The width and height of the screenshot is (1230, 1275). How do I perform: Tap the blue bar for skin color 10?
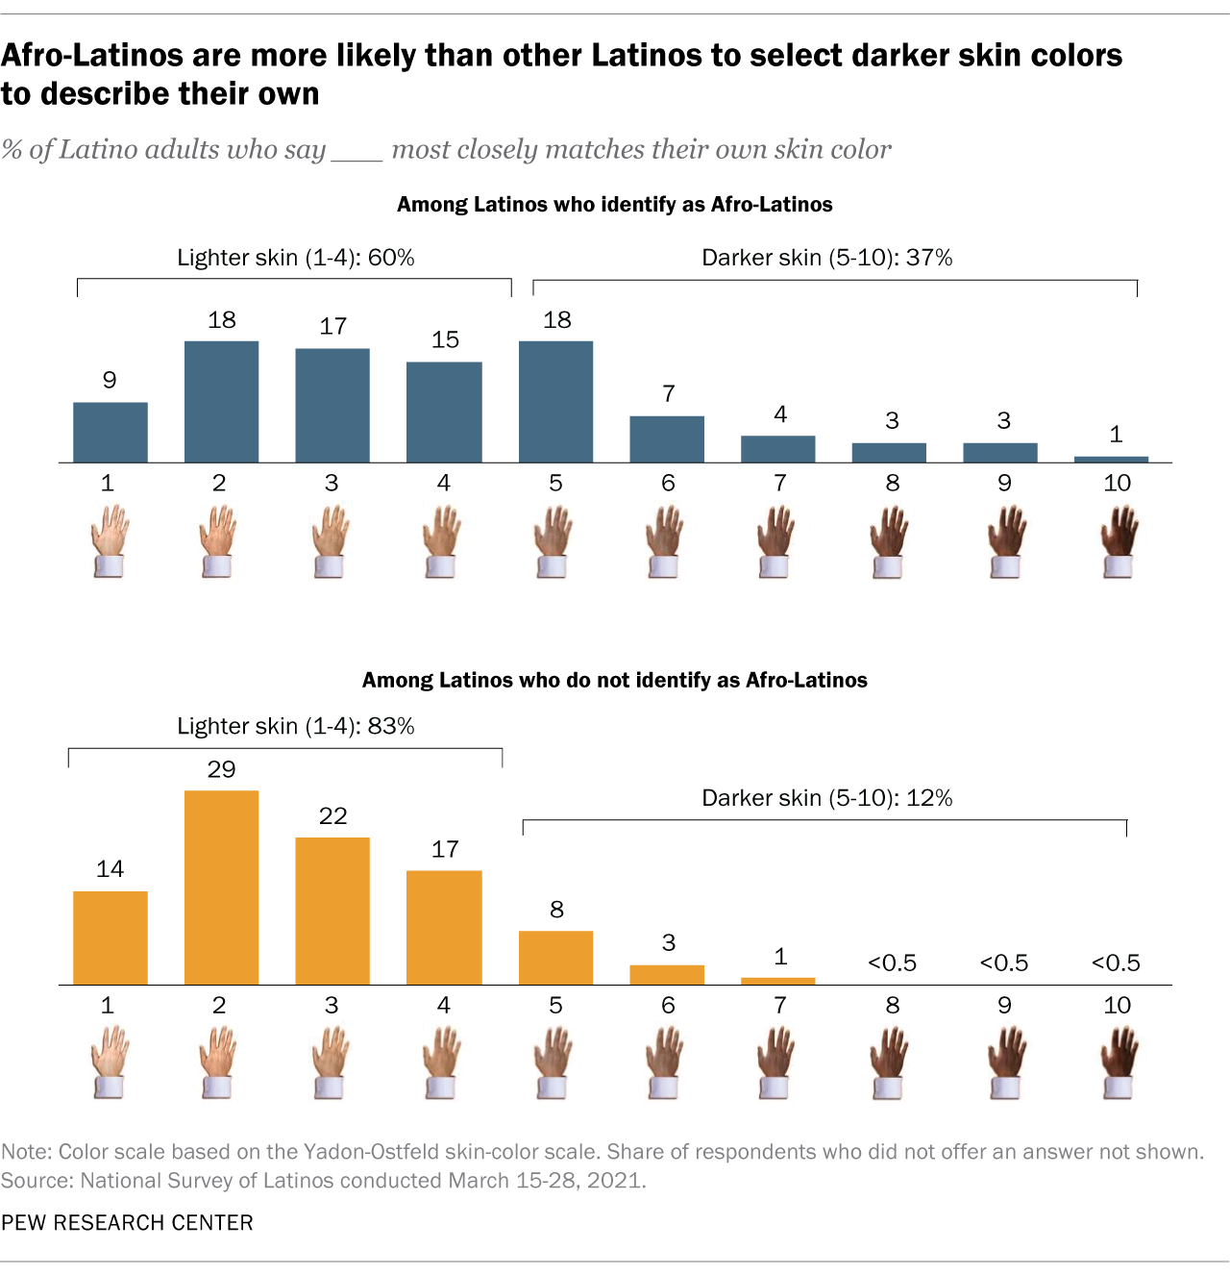click(x=1111, y=460)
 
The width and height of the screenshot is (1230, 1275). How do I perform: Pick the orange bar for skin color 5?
click(x=555, y=958)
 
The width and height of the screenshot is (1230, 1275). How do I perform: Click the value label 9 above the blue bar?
click(x=110, y=380)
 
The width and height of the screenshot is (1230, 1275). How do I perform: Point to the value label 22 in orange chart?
click(x=332, y=816)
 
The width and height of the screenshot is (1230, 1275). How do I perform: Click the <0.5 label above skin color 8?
click(x=892, y=962)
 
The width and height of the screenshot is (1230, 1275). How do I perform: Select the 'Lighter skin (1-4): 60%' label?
click(x=295, y=258)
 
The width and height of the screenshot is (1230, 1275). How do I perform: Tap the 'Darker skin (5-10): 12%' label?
click(x=826, y=798)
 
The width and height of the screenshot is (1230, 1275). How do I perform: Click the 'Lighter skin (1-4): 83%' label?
click(x=295, y=726)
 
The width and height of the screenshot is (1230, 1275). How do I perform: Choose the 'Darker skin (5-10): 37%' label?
click(x=826, y=258)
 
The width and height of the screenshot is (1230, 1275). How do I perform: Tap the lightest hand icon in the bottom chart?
click(x=109, y=1062)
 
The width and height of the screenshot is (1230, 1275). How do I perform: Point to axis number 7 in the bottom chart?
click(x=780, y=1005)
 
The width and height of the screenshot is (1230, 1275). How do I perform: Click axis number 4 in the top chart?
click(x=443, y=483)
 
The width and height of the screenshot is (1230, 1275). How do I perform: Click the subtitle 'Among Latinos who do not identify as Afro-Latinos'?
click(x=614, y=680)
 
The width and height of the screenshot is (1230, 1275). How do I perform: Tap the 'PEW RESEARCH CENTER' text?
click(x=127, y=1222)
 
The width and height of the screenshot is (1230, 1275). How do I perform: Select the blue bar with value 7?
click(x=667, y=439)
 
